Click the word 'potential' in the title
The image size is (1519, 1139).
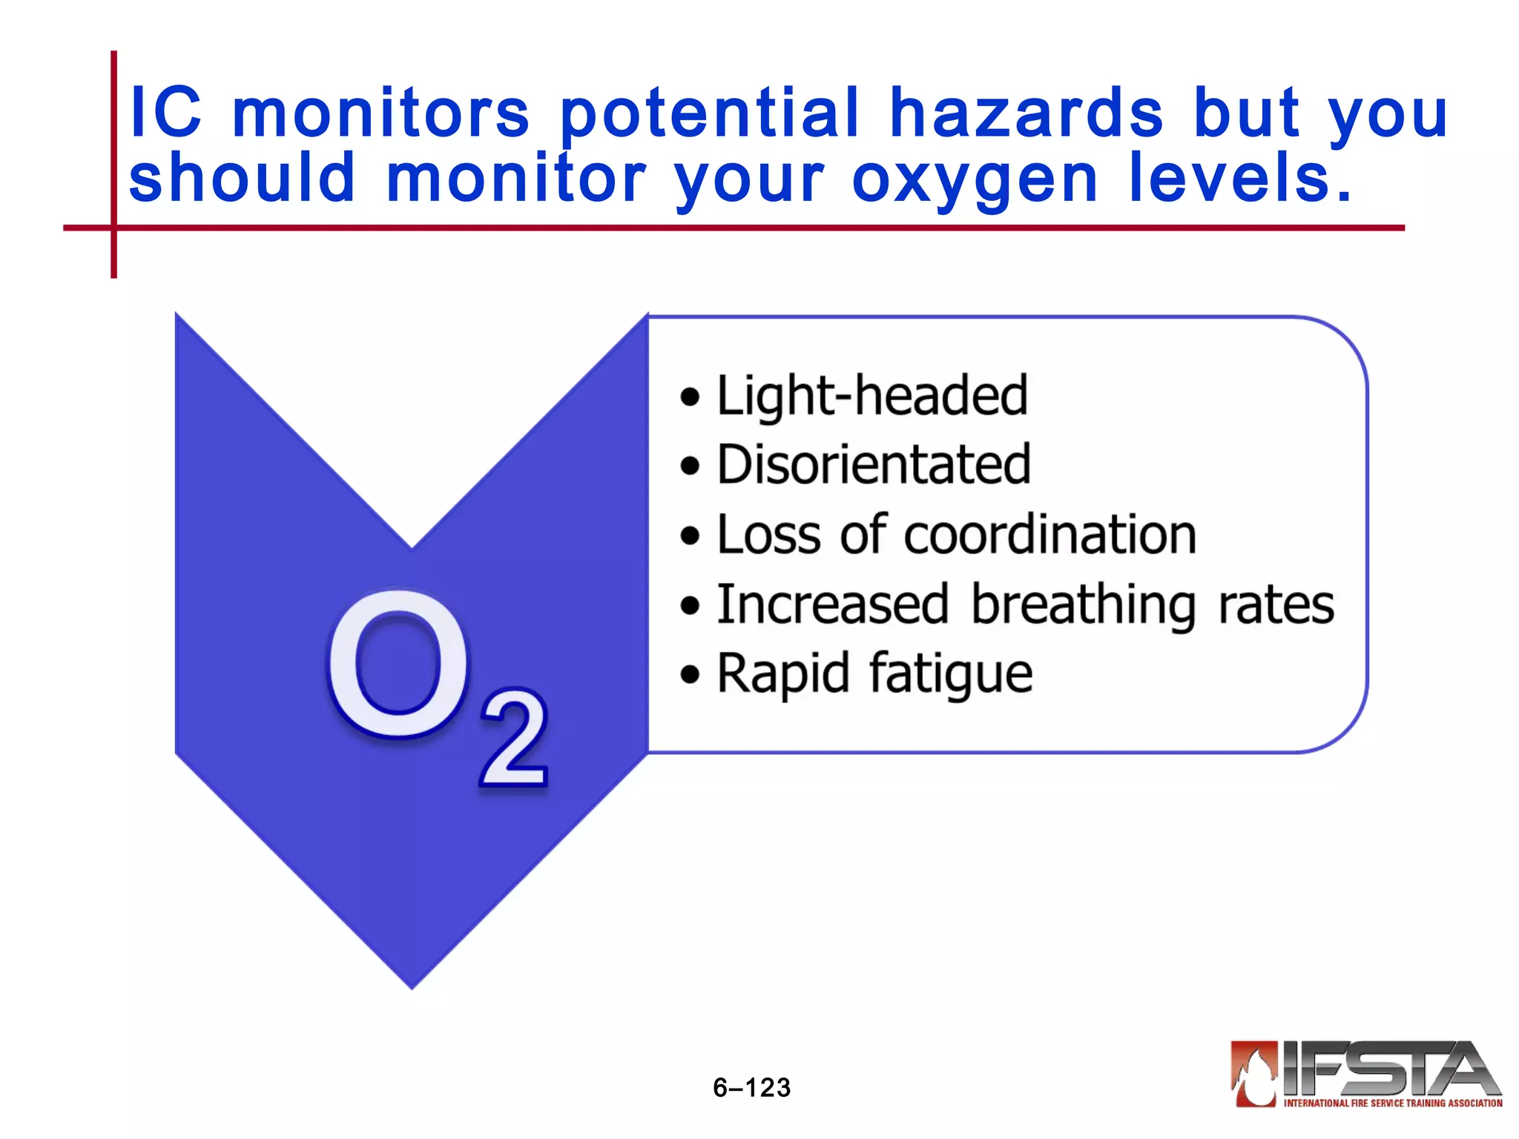tap(709, 115)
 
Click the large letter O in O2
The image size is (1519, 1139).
tap(398, 664)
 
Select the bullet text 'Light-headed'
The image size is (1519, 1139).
tap(872, 396)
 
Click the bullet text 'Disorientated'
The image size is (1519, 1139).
tap(874, 465)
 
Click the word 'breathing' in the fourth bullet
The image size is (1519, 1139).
tap(1083, 605)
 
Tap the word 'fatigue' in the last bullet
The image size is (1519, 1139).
tap(950, 674)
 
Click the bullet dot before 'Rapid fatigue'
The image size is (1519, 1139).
tap(690, 676)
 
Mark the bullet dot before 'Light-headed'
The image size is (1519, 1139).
tap(690, 397)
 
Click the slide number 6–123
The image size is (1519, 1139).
tap(751, 1087)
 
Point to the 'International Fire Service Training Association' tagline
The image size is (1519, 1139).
tap(1393, 1103)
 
